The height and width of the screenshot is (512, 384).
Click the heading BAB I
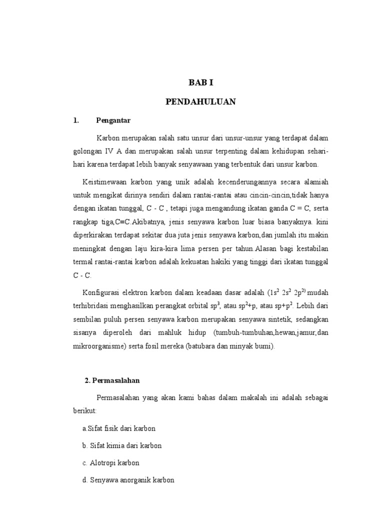pyautogui.click(x=200, y=83)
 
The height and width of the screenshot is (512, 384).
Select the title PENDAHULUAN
pyautogui.click(x=200, y=101)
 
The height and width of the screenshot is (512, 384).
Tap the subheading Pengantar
pyautogui.click(x=113, y=120)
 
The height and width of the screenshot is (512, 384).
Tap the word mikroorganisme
pyautogui.click(x=98, y=346)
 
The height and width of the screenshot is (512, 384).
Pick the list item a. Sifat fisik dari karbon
pyautogui.click(x=119, y=428)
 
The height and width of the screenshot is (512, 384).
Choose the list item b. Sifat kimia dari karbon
pyautogui.click(x=122, y=445)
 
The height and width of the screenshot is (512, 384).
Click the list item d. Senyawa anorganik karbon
pyautogui.click(x=128, y=480)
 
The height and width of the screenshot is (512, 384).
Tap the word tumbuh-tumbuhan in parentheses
pyautogui.click(x=242, y=332)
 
